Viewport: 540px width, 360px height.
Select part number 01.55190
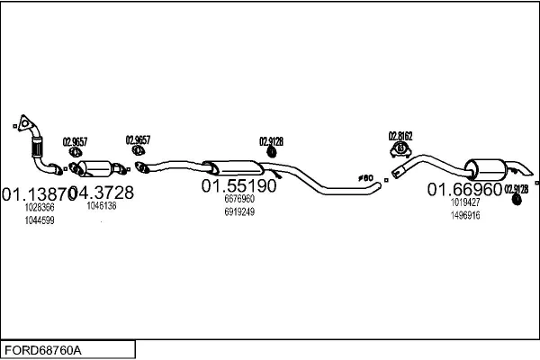(x=238, y=186)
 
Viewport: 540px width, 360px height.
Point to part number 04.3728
(x=101, y=193)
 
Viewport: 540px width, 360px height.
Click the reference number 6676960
(x=238, y=199)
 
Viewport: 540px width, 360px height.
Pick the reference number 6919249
(x=238, y=212)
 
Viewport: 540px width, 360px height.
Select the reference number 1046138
(x=101, y=206)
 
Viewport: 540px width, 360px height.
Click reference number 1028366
(x=40, y=207)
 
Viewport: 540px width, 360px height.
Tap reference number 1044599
(x=40, y=220)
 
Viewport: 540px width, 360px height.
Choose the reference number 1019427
(x=464, y=202)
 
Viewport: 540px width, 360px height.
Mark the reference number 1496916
(x=464, y=215)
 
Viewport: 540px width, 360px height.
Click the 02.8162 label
(x=400, y=136)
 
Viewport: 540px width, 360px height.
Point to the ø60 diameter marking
(x=364, y=178)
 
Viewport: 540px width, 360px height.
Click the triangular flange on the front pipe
(x=27, y=124)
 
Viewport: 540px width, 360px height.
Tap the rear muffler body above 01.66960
(x=486, y=168)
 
